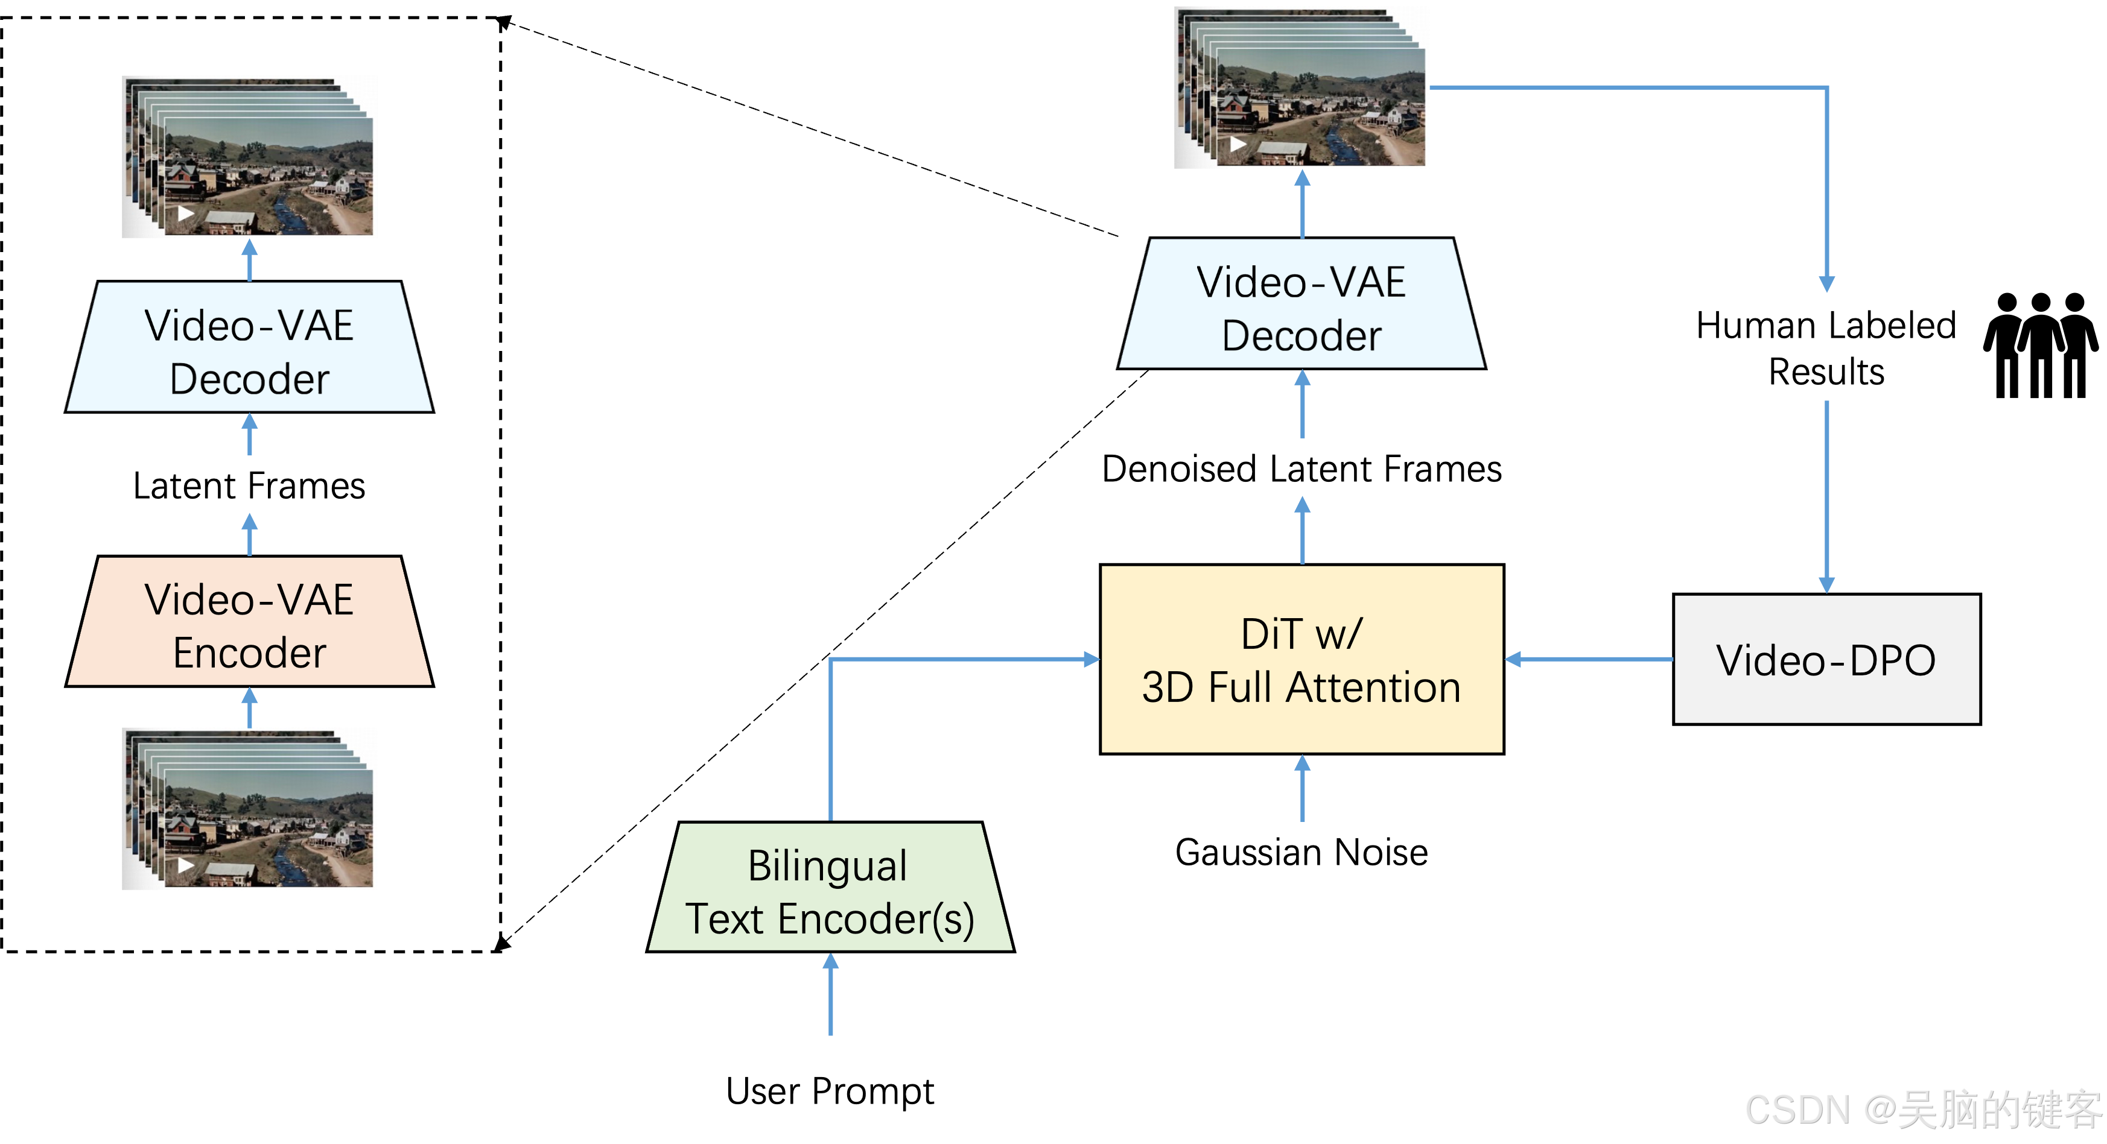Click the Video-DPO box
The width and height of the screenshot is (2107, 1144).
(1826, 659)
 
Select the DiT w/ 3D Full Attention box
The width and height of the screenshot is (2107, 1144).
(1301, 659)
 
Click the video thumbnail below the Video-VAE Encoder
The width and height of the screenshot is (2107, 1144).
(249, 808)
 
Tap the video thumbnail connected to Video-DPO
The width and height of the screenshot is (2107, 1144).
(1301, 87)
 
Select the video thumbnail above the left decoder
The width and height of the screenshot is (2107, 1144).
(249, 157)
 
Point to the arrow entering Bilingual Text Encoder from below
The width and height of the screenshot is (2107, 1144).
(830, 994)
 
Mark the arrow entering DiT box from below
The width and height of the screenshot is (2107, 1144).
(1302, 788)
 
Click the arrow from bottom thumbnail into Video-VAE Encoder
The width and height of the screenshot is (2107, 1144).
(249, 707)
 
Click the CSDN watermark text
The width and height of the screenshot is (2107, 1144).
(1922, 1110)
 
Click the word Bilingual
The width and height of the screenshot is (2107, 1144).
(827, 865)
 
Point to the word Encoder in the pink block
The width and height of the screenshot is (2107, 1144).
(249, 653)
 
